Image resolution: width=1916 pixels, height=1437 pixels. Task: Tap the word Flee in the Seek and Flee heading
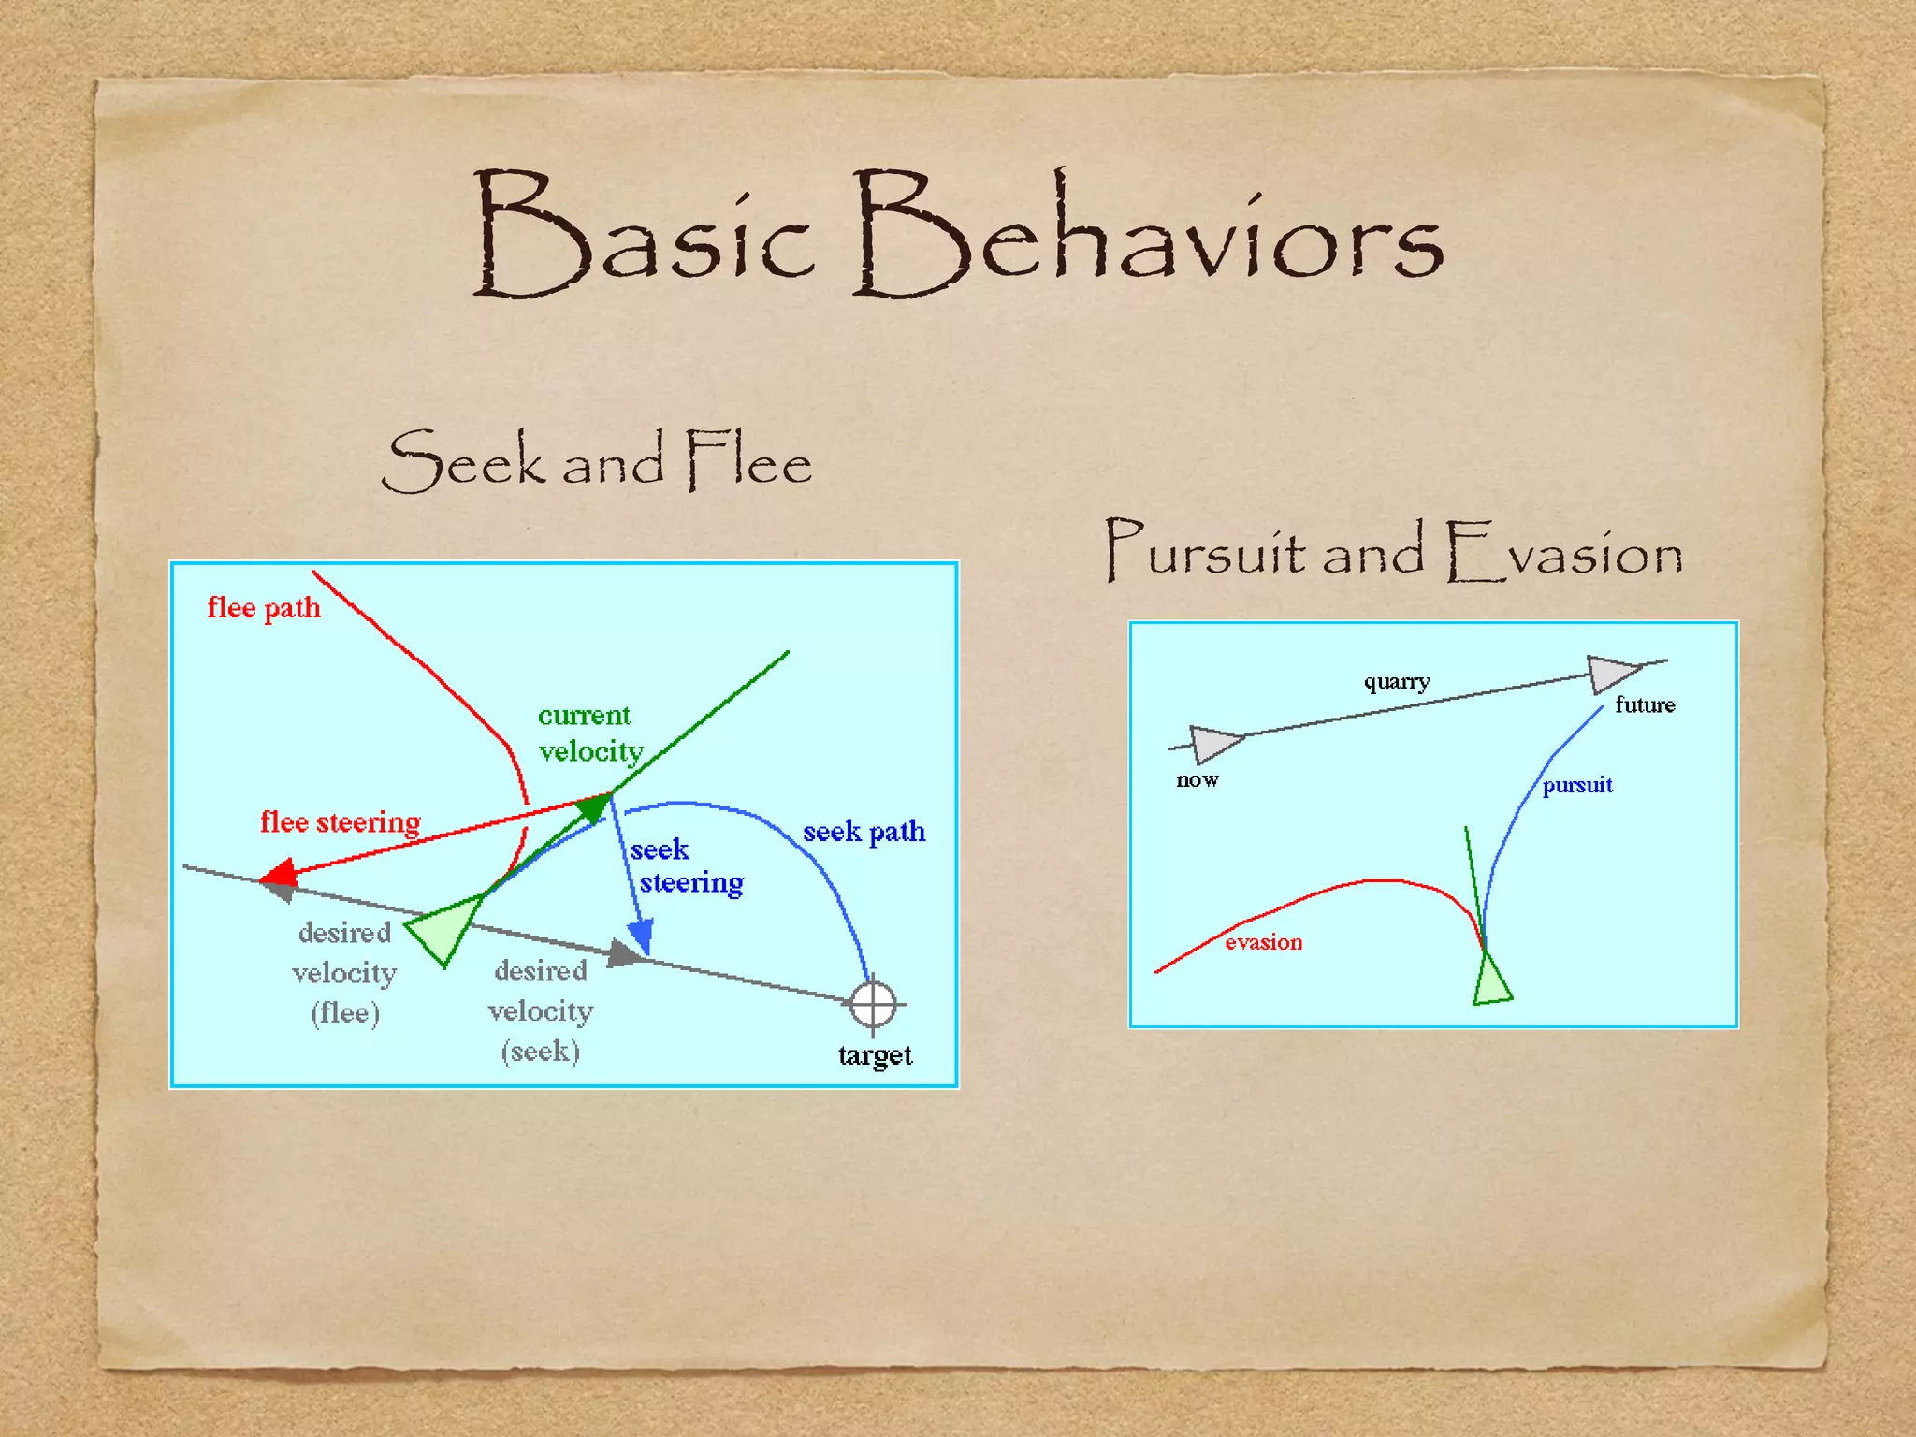pyautogui.click(x=748, y=459)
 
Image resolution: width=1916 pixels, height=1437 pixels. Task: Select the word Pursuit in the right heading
pyautogui.click(x=1205, y=551)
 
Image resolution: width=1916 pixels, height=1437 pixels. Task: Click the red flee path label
pyautogui.click(x=264, y=608)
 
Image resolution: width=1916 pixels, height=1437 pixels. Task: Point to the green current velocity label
pyautogui.click(x=589, y=733)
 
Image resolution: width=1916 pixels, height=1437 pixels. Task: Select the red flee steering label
pyautogui.click(x=340, y=822)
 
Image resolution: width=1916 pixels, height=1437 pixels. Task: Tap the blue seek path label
pyautogui.click(x=864, y=832)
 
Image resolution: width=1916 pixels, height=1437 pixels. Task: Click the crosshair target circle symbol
pyautogui.click(x=873, y=1005)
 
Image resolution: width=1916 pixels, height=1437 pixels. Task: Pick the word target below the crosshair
pyautogui.click(x=875, y=1055)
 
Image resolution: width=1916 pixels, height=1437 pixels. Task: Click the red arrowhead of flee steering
pyautogui.click(x=279, y=874)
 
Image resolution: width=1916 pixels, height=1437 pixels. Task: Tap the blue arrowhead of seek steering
pyautogui.click(x=642, y=936)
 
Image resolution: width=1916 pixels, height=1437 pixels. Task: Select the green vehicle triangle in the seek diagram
pyautogui.click(x=445, y=928)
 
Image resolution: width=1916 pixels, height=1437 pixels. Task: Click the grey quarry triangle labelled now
pyautogui.click(x=1212, y=743)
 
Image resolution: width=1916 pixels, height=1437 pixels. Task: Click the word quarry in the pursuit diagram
pyautogui.click(x=1396, y=681)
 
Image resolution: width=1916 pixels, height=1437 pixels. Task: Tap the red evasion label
pyautogui.click(x=1263, y=942)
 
